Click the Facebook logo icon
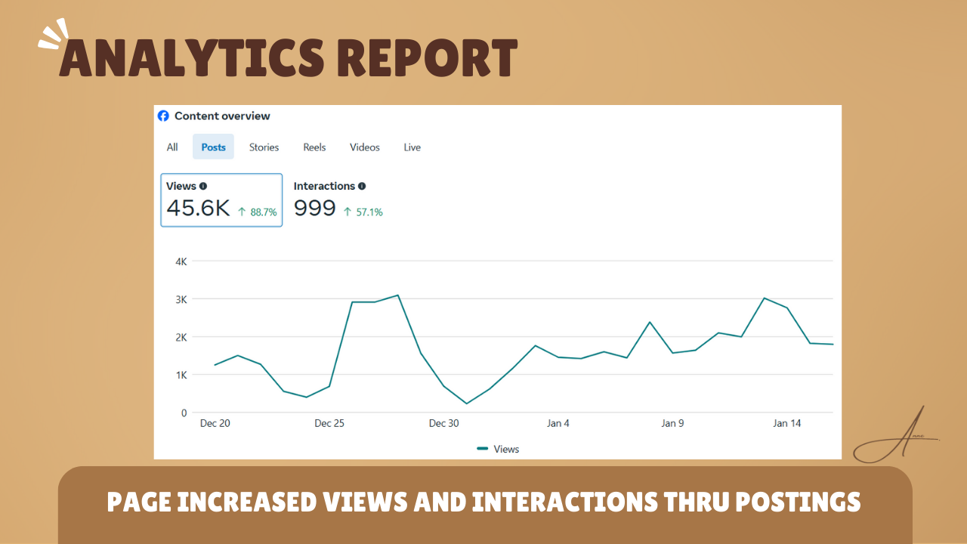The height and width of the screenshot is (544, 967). (163, 116)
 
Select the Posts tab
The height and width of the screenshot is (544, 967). (213, 147)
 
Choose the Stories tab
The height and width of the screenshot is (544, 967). (264, 147)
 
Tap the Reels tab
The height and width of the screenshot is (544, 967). (314, 147)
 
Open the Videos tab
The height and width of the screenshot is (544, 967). (365, 147)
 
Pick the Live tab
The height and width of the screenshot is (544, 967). (412, 147)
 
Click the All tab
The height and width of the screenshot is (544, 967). (172, 147)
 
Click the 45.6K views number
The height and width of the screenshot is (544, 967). (198, 209)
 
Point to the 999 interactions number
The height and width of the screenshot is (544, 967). (314, 209)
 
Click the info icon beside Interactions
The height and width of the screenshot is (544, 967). (362, 186)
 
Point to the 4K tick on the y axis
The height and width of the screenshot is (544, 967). (181, 261)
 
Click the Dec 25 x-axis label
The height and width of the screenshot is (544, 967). (329, 423)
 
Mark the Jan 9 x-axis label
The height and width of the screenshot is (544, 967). (672, 423)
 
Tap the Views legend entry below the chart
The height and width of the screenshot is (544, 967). (498, 449)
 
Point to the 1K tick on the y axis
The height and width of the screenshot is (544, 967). (181, 375)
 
